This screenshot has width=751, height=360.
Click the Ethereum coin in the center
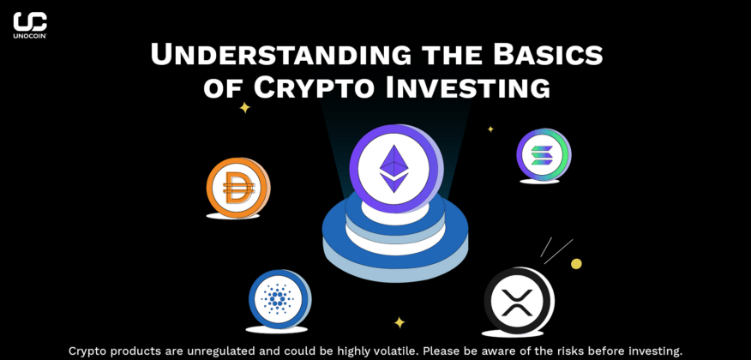point(394,163)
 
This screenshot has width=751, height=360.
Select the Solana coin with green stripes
point(542,156)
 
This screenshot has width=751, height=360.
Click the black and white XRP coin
point(516,301)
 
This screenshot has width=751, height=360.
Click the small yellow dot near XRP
point(576,264)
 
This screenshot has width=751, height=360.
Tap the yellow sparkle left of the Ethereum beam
point(244,108)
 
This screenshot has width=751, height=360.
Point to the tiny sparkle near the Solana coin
point(490,129)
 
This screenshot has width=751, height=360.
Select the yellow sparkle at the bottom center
point(400,322)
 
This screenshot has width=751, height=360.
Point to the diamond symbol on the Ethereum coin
point(394,167)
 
